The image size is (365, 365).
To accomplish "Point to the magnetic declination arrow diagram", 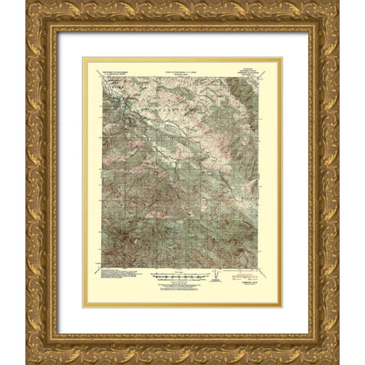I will point(219,275).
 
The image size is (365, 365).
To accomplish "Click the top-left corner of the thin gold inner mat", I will point(84,58).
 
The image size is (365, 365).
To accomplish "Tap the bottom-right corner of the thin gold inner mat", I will point(281,306).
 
